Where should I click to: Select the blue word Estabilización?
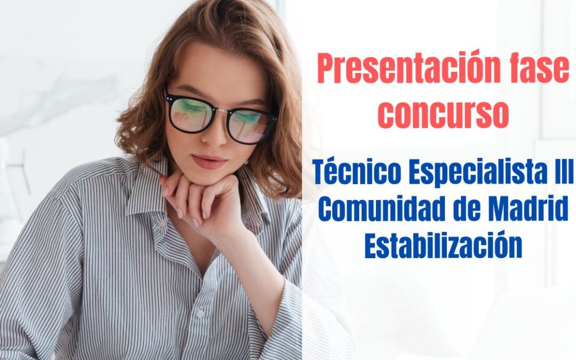[443, 246]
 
